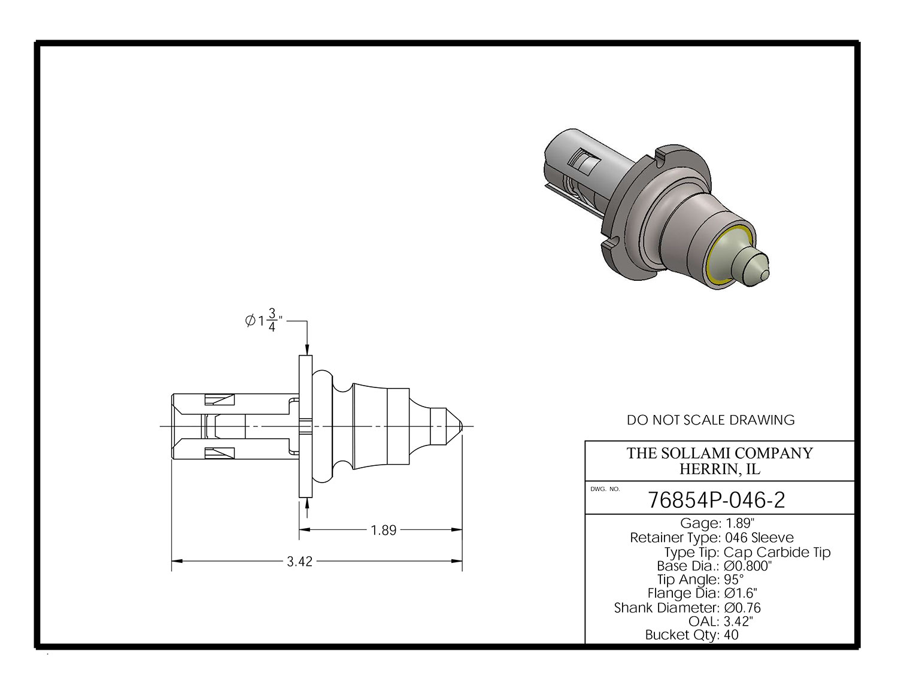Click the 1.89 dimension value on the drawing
coord(384,531)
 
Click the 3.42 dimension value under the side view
coord(299,562)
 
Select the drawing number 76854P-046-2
coord(716,500)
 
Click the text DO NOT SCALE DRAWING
coord(711,420)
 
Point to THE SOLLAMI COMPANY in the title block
coord(720,453)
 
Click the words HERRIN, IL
coord(720,469)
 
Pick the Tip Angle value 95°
coord(733,580)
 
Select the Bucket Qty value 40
coord(731,635)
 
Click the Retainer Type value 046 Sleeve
coord(759,538)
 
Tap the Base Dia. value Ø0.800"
coord(748,565)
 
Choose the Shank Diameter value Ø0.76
coord(742,608)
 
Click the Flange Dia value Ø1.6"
coord(741,593)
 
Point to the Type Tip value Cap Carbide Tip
coord(777,552)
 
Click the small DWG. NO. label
coord(605,489)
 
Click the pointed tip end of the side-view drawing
coord(462,426)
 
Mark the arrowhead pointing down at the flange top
coord(307,350)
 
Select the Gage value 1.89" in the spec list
coord(739,523)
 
